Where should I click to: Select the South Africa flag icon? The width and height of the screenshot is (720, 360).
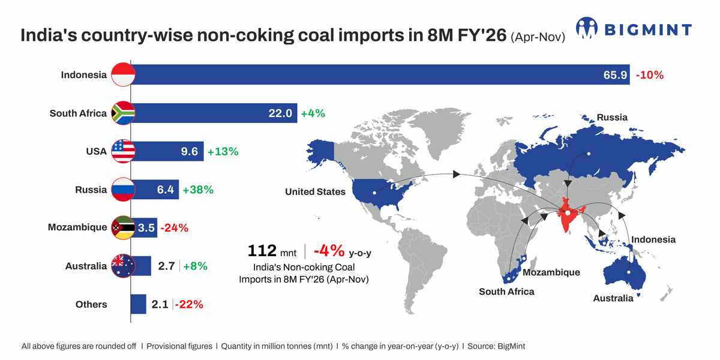pyautogui.click(x=124, y=113)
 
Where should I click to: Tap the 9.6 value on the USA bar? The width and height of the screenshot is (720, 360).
pyautogui.click(x=189, y=151)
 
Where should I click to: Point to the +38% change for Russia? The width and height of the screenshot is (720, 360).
pyautogui.click(x=198, y=190)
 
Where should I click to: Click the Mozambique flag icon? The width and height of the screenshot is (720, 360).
pyautogui.click(x=124, y=227)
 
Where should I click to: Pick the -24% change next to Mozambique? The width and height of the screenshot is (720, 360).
pyautogui.click(x=173, y=228)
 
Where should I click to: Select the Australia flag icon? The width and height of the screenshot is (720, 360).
pyautogui.click(x=124, y=266)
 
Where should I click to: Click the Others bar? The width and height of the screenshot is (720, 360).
pyautogui.click(x=139, y=304)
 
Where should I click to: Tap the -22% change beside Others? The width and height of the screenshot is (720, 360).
pyautogui.click(x=190, y=304)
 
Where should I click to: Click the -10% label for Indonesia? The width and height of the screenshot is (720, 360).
pyautogui.click(x=650, y=75)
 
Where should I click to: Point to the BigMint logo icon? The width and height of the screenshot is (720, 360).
pyautogui.click(x=586, y=28)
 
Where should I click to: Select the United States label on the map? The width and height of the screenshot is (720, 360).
pyautogui.click(x=316, y=192)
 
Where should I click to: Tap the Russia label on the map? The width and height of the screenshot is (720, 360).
pyautogui.click(x=612, y=118)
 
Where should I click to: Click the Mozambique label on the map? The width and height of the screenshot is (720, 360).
pyautogui.click(x=551, y=272)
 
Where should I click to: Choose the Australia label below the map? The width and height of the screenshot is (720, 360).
pyautogui.click(x=613, y=298)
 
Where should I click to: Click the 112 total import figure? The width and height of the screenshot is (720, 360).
pyautogui.click(x=262, y=251)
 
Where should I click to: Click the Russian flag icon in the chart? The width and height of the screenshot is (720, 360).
pyautogui.click(x=124, y=190)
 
